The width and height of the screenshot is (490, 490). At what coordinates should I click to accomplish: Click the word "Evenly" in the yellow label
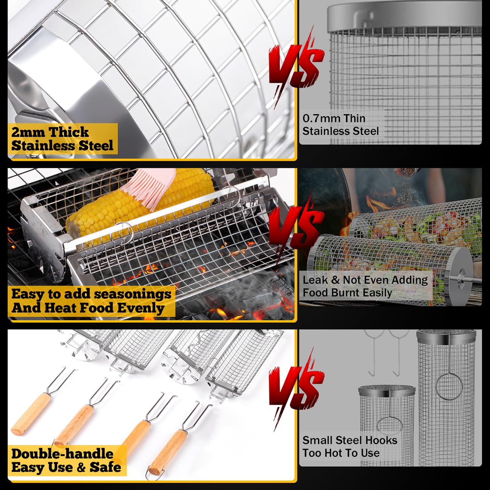click(141, 308)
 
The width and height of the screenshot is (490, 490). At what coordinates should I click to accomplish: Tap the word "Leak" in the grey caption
click(315, 280)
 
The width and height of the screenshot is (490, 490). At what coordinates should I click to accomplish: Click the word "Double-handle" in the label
click(62, 454)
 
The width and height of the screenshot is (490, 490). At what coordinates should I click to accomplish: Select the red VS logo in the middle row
click(297, 225)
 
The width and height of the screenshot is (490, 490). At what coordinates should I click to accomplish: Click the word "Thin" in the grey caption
click(355, 118)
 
